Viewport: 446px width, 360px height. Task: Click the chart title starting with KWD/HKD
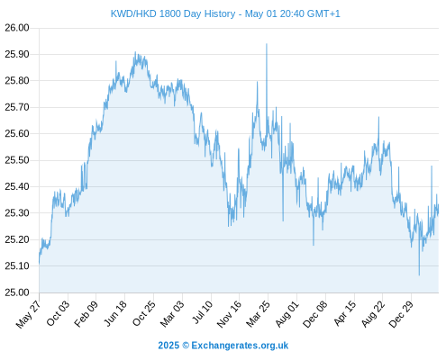pyautogui.click(x=225, y=13)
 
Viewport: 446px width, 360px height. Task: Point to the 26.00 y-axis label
pyautogui.click(x=17, y=28)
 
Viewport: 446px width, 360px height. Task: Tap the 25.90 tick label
pyautogui.click(x=17, y=54)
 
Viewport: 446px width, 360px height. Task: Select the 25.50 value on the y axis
pyautogui.click(x=17, y=160)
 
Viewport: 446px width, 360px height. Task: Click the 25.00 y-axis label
pyautogui.click(x=17, y=292)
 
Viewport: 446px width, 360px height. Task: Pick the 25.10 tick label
pyautogui.click(x=17, y=266)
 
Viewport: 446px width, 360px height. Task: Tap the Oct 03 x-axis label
pyautogui.click(x=58, y=313)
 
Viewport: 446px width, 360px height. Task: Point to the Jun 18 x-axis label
pyautogui.click(x=114, y=313)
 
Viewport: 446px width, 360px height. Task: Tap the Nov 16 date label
pyautogui.click(x=229, y=314)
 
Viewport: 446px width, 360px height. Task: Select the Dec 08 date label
pyautogui.click(x=314, y=314)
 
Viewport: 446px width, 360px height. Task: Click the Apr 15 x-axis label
pyautogui.click(x=344, y=313)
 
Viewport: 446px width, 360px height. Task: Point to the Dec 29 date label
pyautogui.click(x=401, y=314)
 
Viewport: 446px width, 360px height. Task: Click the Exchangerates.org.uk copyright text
pyautogui.click(x=223, y=346)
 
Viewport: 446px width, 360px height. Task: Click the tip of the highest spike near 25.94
pyautogui.click(x=267, y=44)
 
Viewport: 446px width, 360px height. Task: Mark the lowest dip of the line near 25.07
pyautogui.click(x=419, y=274)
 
